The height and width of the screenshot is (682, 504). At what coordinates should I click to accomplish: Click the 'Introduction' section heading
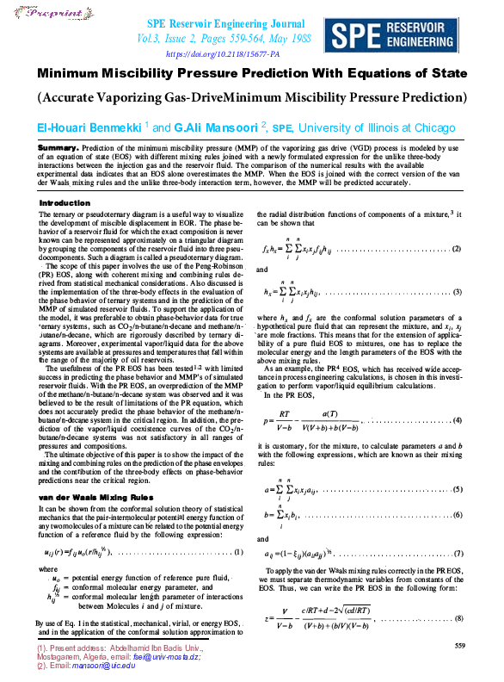coord(65,203)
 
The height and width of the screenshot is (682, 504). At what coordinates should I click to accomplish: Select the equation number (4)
coord(456,420)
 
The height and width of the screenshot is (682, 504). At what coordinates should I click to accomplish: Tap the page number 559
coord(459,645)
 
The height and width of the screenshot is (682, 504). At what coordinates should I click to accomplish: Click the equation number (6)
coord(456,514)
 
